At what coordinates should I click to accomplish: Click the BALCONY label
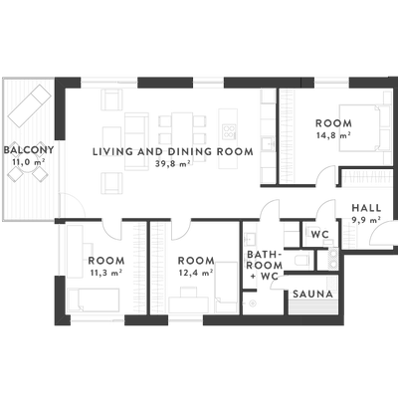[29, 150]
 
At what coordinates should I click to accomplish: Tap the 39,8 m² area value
[173, 163]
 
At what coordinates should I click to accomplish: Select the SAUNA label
[312, 294]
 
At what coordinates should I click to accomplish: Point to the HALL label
[366, 208]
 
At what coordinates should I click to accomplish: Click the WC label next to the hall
[320, 235]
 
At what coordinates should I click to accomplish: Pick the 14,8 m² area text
[333, 135]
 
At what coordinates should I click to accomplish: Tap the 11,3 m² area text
[106, 273]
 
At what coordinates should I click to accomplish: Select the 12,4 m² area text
[196, 273]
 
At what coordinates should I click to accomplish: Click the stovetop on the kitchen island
[229, 130]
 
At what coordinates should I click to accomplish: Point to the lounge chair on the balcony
[30, 105]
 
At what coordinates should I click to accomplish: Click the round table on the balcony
[27, 168]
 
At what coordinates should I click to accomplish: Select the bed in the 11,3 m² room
[94, 300]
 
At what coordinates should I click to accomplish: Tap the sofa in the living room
[136, 141]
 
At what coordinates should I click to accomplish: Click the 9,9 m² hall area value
[366, 220]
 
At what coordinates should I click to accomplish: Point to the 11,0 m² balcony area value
[29, 162]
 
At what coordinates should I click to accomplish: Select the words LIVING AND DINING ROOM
[173, 152]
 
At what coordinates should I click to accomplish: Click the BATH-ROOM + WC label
[265, 265]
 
